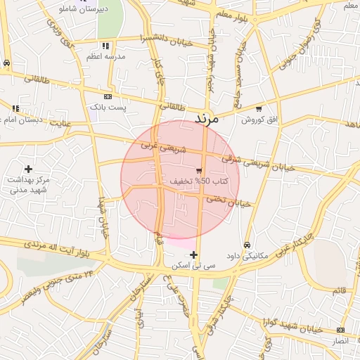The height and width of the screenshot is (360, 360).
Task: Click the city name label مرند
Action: [207, 119]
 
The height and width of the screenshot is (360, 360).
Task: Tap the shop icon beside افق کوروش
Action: [259, 109]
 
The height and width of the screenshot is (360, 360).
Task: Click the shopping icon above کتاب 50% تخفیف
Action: [199, 171]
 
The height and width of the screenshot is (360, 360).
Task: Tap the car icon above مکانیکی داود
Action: [246, 245]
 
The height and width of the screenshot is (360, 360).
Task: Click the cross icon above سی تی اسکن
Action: [193, 255]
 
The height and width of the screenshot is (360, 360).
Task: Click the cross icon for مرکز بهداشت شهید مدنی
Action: [28, 169]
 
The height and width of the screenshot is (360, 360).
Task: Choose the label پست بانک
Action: [107, 108]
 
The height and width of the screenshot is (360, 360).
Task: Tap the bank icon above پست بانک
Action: [107, 96]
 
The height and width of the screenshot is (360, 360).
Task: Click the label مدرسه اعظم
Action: [106, 57]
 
